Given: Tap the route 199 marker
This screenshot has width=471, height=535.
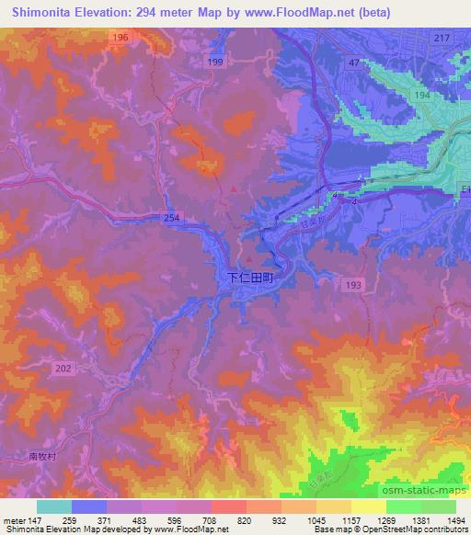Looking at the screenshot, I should click(x=215, y=62).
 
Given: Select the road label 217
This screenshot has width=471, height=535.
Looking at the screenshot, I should click(x=442, y=37).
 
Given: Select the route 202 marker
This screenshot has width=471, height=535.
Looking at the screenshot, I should click(x=63, y=369).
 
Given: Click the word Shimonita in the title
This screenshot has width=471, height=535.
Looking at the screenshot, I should click(x=36, y=12).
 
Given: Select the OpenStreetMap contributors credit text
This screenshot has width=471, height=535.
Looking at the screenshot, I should click(x=427, y=529).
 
